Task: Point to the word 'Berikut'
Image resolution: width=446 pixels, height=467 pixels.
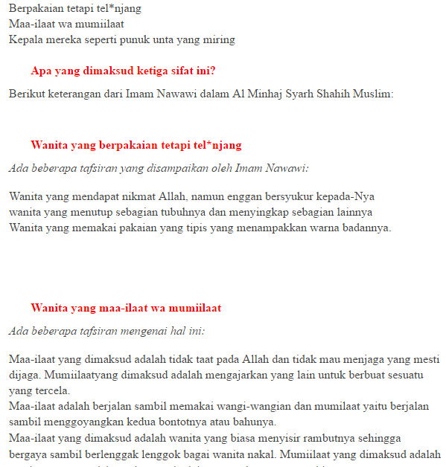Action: pos(28,94)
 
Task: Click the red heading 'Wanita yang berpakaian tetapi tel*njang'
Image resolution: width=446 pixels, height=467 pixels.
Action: pos(136,145)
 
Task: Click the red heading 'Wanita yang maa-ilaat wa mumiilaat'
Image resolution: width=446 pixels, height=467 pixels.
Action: pos(126,308)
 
